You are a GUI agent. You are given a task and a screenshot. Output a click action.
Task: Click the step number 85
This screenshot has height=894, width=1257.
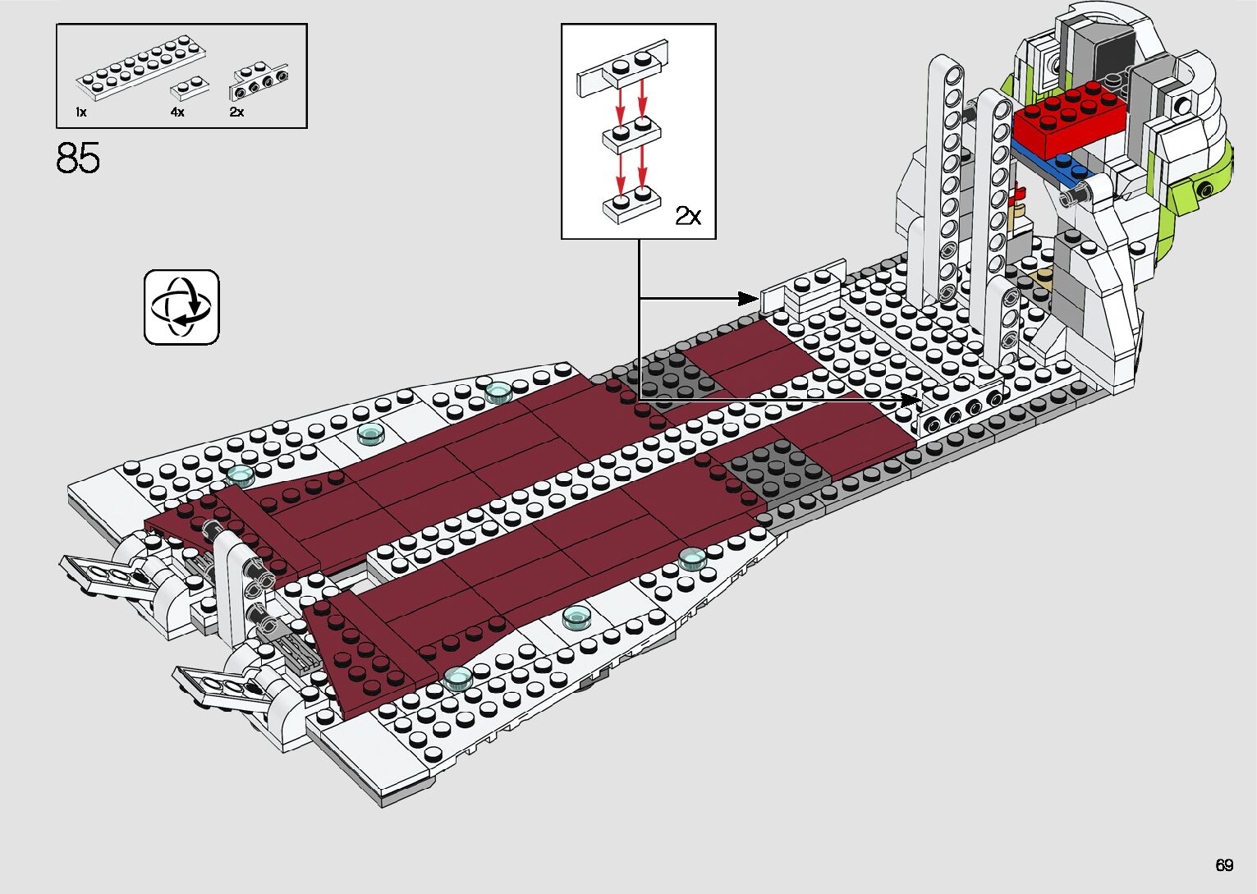(78, 158)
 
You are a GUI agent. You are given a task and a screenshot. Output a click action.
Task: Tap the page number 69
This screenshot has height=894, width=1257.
(1224, 865)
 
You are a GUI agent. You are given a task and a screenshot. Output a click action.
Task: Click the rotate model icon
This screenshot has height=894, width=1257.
(181, 307)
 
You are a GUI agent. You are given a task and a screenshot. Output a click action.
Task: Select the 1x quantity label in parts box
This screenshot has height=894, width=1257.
(80, 112)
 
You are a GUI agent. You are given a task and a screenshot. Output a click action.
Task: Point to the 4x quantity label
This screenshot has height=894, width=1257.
(177, 112)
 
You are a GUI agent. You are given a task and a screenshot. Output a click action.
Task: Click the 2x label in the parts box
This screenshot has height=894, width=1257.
(236, 112)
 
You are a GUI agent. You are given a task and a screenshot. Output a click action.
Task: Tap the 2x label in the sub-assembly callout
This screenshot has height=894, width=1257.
(688, 216)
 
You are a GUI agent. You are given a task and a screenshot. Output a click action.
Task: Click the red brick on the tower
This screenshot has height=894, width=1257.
(1068, 120)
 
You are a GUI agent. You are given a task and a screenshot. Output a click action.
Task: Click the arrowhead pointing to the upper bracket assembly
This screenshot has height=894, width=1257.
(748, 298)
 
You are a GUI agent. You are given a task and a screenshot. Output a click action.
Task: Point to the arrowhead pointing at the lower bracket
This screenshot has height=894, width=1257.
(910, 400)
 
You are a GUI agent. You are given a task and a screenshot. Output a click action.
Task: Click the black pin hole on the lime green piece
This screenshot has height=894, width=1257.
(1206, 190)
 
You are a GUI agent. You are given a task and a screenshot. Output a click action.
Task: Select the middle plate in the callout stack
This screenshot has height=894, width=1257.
(631, 135)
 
